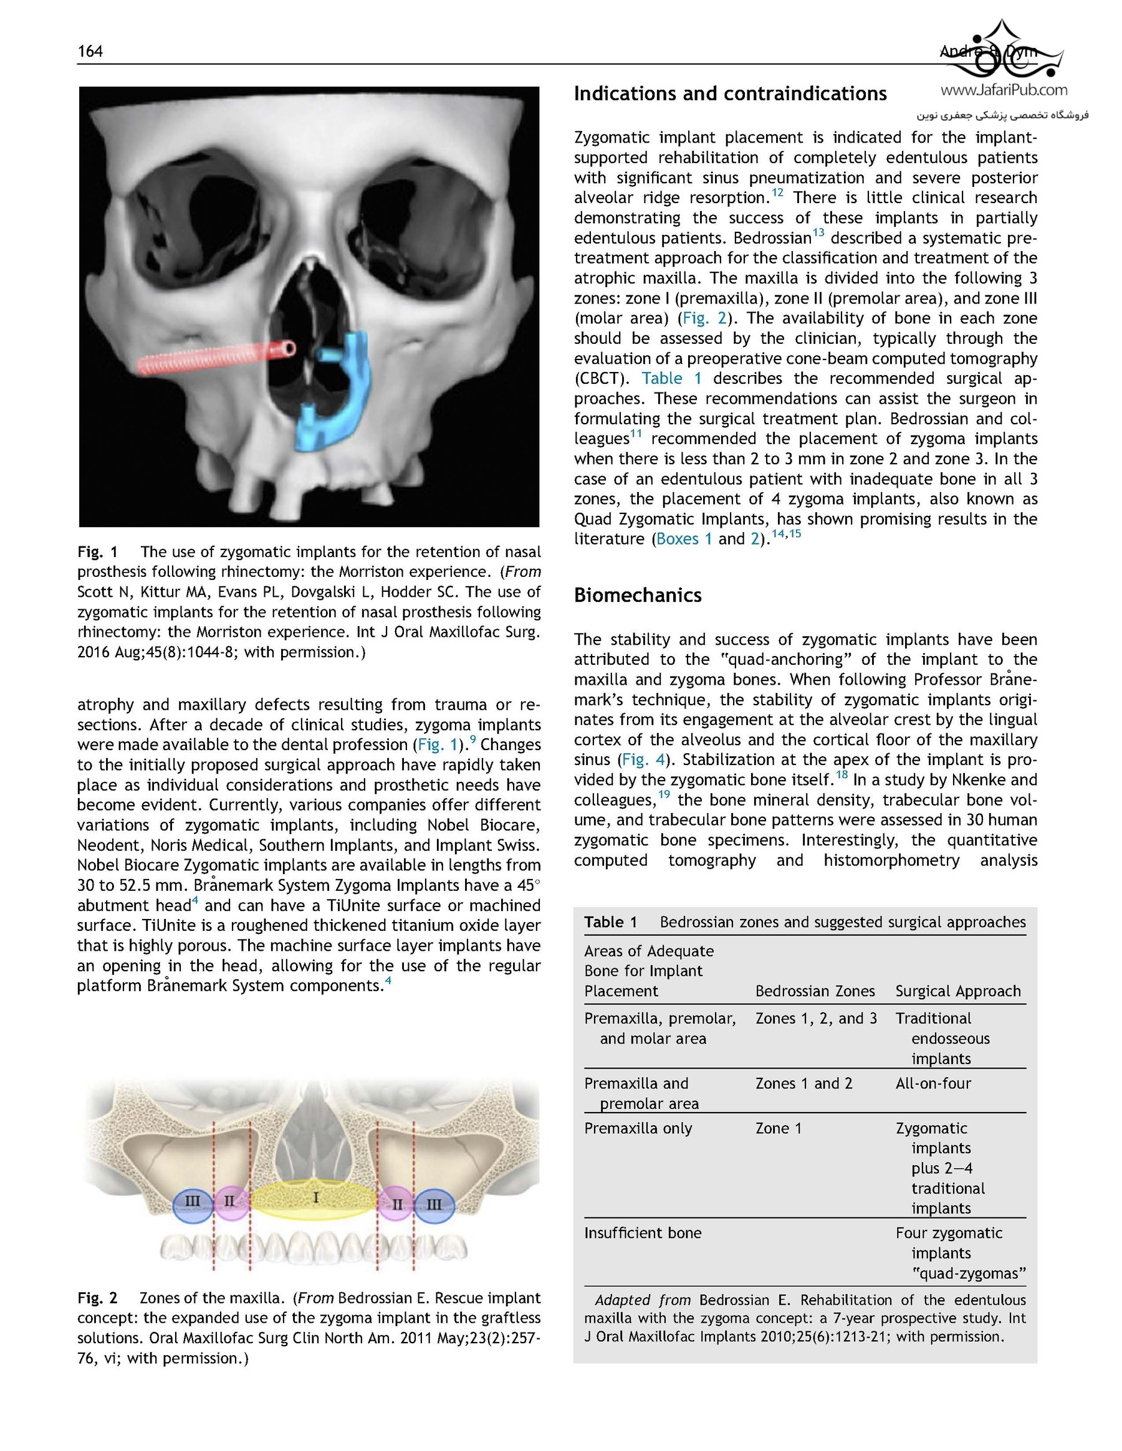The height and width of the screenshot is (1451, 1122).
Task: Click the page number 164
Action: point(90,51)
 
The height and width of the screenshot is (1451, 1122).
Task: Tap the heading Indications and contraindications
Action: point(730,93)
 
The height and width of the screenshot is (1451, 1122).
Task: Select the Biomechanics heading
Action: point(638,594)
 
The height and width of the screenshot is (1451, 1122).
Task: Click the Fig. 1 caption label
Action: point(98,552)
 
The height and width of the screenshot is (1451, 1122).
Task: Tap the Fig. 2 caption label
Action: point(98,1298)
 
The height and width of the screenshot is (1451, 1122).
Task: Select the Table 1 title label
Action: point(611,922)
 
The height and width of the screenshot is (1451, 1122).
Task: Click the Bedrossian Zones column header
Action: point(815,991)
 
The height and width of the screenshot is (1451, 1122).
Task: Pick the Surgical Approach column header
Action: point(958,991)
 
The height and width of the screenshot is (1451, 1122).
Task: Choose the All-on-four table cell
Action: point(933,1083)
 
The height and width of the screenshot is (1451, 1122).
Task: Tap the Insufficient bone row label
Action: point(643,1233)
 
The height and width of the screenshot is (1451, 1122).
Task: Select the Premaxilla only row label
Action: point(638,1128)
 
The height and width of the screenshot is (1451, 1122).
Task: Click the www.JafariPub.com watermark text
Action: point(1004,90)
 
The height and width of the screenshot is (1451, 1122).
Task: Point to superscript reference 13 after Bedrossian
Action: point(818,232)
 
